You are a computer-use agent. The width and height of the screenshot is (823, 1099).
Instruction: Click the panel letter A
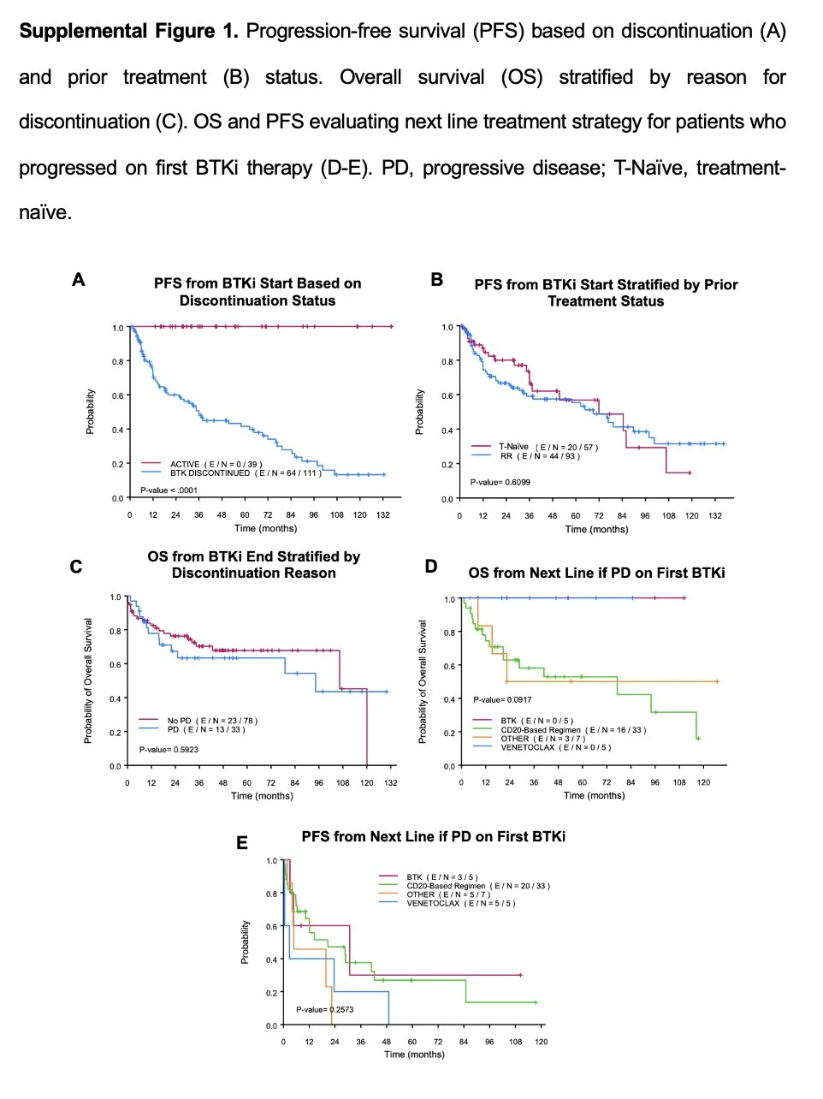tap(79, 280)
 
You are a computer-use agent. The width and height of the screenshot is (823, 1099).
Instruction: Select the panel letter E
tap(242, 843)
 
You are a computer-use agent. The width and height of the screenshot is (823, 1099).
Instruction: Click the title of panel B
tap(606, 293)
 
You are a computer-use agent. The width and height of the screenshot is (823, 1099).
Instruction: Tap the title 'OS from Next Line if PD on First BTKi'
tap(596, 573)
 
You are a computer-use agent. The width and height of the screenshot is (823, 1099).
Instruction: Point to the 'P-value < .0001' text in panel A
tap(169, 490)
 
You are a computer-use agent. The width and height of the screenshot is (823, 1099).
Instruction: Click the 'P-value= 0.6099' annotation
tap(500, 482)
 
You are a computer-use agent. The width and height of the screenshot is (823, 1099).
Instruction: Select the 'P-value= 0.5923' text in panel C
tap(169, 750)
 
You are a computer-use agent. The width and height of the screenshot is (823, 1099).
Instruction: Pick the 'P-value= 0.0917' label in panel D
tap(502, 699)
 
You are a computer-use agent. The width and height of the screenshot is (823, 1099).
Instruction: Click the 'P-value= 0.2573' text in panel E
tap(325, 1010)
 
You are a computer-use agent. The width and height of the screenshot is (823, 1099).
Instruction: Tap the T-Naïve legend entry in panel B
tap(548, 447)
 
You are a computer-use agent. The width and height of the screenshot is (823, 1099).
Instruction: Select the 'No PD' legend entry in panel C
tap(211, 721)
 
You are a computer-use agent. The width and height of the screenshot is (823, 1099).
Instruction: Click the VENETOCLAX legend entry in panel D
tap(555, 747)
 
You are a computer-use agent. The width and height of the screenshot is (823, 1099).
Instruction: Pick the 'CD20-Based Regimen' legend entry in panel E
tap(477, 886)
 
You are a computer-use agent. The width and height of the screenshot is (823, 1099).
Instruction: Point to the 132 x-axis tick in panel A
tap(383, 514)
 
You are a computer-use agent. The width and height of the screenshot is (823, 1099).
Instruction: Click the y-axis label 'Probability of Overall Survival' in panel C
tap(88, 680)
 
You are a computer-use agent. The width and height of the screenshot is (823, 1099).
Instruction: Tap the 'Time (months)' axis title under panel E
tap(414, 1054)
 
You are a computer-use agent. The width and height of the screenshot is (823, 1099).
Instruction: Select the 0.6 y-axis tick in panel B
tap(447, 395)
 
